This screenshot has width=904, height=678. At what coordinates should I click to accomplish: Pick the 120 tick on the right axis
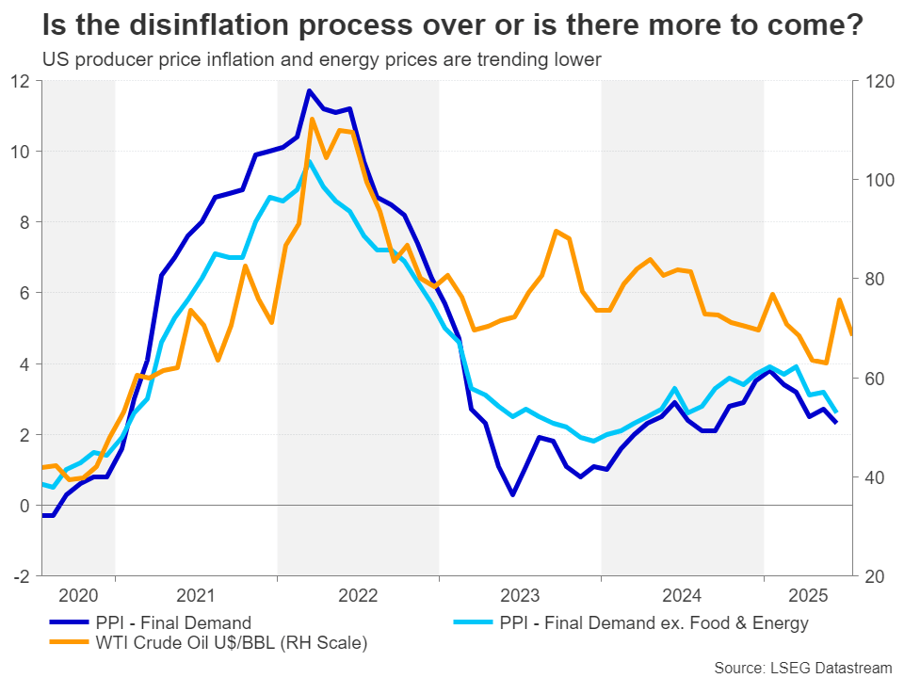click(867, 80)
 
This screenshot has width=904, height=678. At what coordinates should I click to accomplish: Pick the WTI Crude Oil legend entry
click(231, 643)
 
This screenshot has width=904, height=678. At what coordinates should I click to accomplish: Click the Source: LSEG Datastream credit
click(802, 668)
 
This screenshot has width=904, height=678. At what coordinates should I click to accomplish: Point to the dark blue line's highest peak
click(309, 90)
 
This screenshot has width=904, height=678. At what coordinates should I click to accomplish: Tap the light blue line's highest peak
click(309, 161)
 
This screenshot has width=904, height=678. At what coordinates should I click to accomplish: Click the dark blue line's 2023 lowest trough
click(511, 494)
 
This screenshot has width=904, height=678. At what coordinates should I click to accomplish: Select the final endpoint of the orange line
click(851, 334)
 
